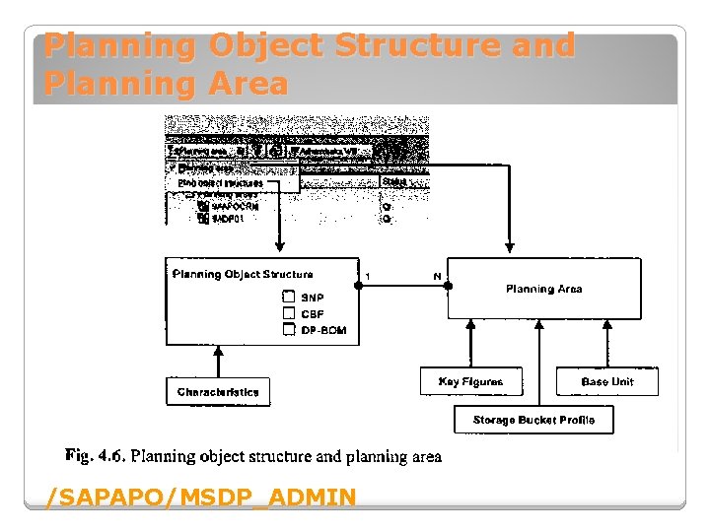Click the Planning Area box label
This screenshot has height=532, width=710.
[543, 289]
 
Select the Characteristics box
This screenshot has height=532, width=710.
[218, 392]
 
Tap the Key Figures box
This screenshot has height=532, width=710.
[470, 381]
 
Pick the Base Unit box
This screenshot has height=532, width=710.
[606, 381]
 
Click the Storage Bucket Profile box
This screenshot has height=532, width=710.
[533, 420]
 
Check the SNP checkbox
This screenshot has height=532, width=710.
[289, 298]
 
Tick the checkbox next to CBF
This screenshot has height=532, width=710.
[289, 313]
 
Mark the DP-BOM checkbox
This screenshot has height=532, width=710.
[289, 330]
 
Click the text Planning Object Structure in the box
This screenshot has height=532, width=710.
[243, 274]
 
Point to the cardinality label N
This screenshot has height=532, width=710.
[437, 276]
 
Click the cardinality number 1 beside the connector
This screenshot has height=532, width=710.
[368, 275]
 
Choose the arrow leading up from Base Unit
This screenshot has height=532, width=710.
[606, 344]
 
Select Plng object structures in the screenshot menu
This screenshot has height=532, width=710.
[221, 182]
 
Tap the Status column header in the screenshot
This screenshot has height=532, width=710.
[394, 182]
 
